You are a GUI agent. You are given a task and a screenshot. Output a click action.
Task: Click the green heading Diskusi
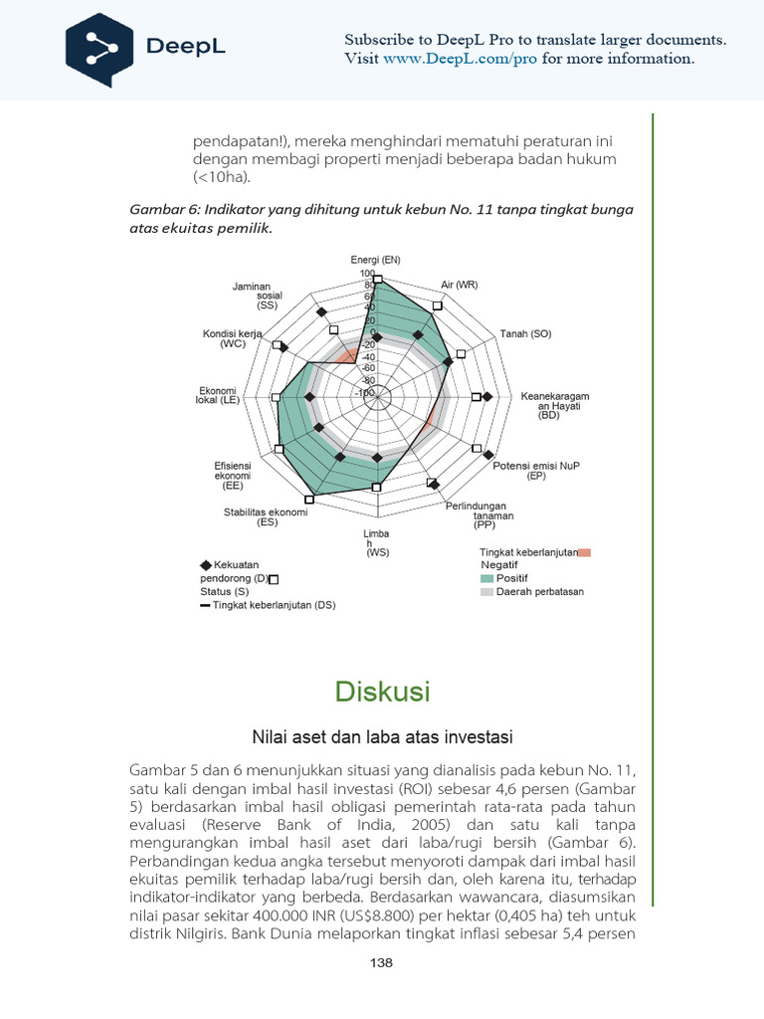click(x=382, y=691)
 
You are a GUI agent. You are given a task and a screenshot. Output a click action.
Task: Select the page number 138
click(x=381, y=962)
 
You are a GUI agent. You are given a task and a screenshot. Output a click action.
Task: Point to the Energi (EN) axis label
click(x=375, y=260)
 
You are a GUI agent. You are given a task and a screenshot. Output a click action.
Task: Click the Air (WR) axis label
click(x=460, y=285)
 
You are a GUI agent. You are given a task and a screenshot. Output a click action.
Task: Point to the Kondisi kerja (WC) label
click(x=232, y=338)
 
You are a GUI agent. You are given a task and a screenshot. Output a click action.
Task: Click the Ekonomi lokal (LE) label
click(x=218, y=395)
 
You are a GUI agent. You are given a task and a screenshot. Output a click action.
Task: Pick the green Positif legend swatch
click(x=486, y=577)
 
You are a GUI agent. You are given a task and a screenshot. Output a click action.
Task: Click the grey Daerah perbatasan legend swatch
click(x=486, y=591)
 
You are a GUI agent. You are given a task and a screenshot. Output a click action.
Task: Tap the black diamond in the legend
click(x=206, y=564)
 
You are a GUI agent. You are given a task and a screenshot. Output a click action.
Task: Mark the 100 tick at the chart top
click(x=367, y=274)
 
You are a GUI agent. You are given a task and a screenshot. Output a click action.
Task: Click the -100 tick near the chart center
click(x=364, y=393)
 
